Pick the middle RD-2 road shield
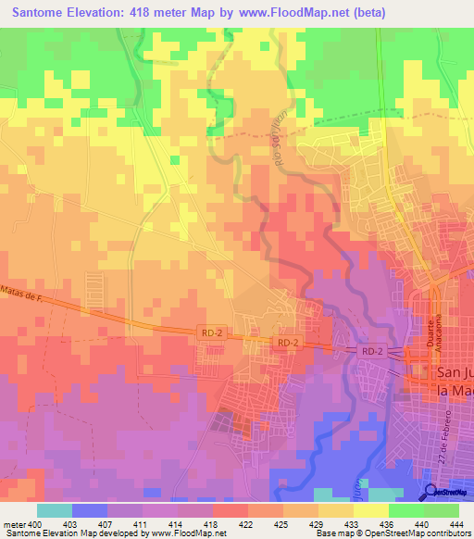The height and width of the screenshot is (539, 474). coord(287,343)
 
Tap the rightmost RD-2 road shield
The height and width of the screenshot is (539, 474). coord(371,351)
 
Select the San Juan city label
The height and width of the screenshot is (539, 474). coord(453,381)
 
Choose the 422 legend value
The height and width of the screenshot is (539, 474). coord(247,524)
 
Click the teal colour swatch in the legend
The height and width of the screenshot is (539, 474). coord(55,510)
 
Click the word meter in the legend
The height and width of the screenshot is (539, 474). coord(14,524)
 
